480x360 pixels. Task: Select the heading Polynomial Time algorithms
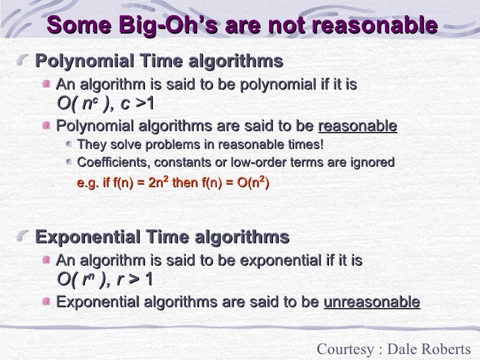pyautogui.click(x=159, y=62)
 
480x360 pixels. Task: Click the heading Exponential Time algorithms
pyautogui.click(x=162, y=237)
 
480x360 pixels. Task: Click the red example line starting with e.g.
pyautogui.click(x=173, y=183)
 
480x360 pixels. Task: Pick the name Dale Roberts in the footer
pyautogui.click(x=436, y=349)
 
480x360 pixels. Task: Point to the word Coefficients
pyautogui.click(x=111, y=162)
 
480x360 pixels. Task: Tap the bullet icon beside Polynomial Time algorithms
pyautogui.click(x=26, y=63)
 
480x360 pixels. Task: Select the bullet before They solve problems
pyautogui.click(x=70, y=145)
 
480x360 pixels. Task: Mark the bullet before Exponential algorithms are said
pyautogui.click(x=47, y=303)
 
